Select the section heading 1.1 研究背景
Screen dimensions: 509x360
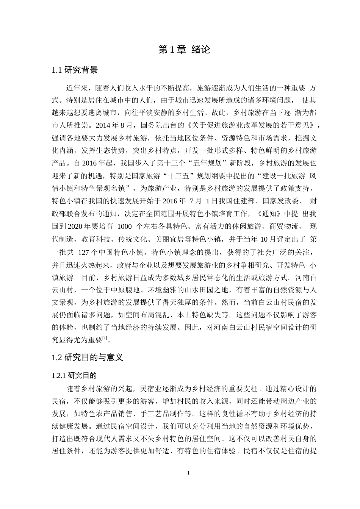click(75, 70)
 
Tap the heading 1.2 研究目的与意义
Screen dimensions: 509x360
click(87, 357)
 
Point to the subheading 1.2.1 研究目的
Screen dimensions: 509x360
click(74, 376)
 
